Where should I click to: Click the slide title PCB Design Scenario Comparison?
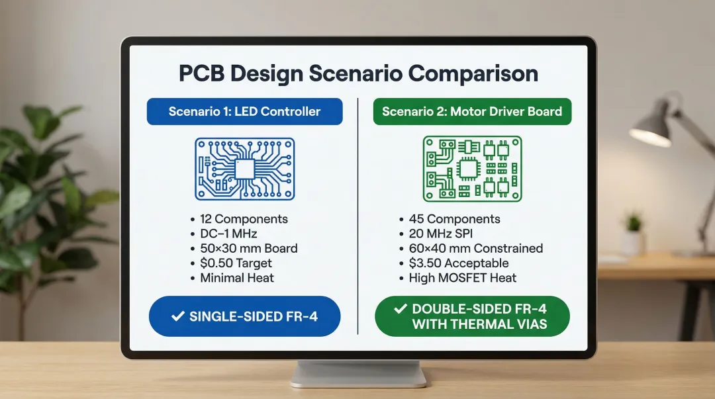(x=358, y=73)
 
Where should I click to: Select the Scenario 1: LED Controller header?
(x=244, y=111)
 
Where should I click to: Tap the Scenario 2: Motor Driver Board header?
(x=472, y=111)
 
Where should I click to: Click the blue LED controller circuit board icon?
(x=244, y=169)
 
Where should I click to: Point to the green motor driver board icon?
(x=471, y=169)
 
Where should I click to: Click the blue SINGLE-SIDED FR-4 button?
(x=244, y=316)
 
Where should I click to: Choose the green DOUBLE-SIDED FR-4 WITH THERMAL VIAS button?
(x=472, y=316)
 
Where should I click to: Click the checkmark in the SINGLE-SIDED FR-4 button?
(x=177, y=316)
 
